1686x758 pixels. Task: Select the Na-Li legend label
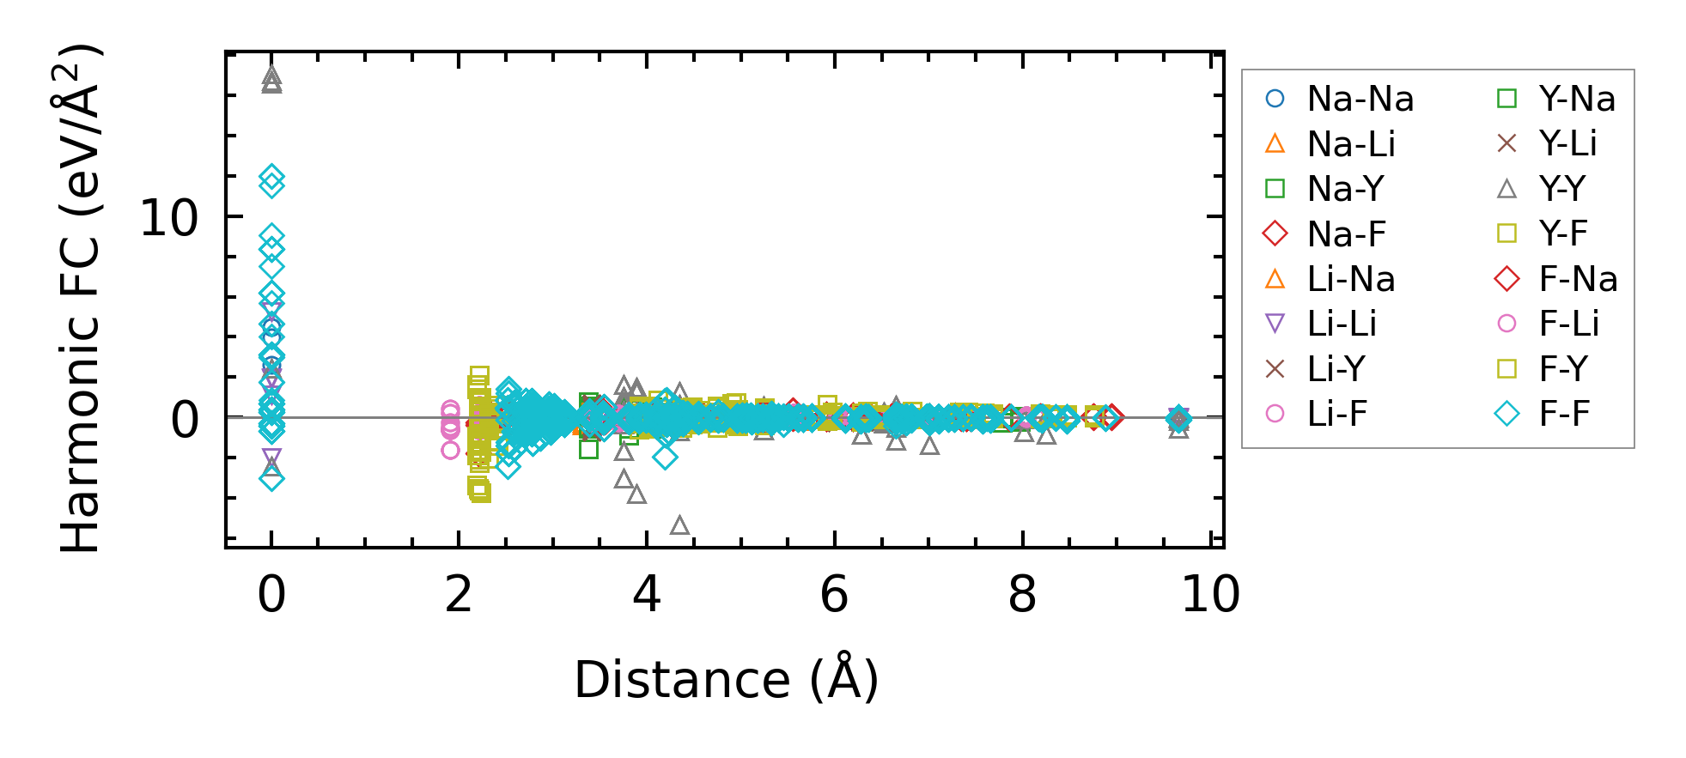1351,144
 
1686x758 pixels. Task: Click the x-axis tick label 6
834,594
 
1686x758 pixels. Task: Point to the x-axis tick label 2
459,594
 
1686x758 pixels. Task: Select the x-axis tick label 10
1210,594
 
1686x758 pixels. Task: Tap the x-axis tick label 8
1022,594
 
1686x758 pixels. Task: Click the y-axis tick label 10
168,218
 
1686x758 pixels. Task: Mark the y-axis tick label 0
185,421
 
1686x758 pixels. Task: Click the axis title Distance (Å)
726,680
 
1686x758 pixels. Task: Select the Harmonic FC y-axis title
81,298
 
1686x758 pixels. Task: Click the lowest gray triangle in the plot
679,525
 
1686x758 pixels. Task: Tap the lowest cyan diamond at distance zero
271,479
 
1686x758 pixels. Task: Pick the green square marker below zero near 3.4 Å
588,448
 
